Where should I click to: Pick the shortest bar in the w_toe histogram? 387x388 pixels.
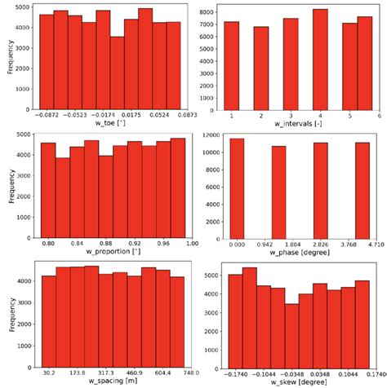coord(117,72)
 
